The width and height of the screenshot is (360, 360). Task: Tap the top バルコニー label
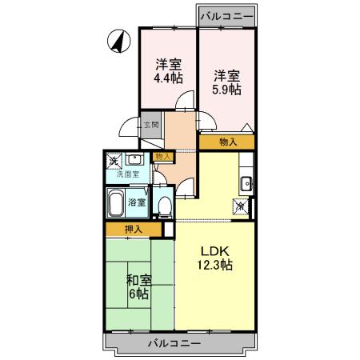click(227, 15)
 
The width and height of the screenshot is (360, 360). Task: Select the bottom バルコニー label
click(174, 344)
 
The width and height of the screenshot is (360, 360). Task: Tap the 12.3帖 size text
click(215, 265)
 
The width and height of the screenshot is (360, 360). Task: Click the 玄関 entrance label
click(152, 124)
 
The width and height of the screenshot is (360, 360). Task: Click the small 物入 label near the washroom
click(162, 158)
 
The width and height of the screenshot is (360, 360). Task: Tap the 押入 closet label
click(134, 230)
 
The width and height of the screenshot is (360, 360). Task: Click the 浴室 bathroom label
click(137, 203)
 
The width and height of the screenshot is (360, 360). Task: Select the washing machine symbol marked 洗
click(114, 161)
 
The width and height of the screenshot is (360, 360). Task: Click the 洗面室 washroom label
click(128, 174)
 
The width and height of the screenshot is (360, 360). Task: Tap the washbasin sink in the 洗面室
click(136, 159)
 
